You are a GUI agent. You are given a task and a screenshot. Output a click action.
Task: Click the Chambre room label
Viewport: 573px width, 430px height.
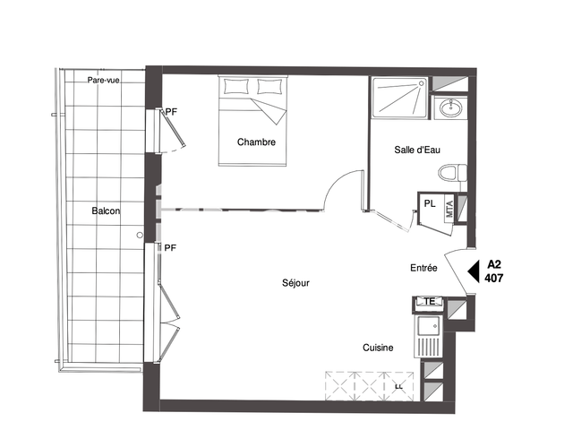point(256,142)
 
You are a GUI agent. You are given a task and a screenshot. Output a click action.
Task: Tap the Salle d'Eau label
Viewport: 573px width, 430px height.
point(417,150)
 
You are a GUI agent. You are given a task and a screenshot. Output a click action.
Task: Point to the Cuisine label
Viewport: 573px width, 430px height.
point(378,348)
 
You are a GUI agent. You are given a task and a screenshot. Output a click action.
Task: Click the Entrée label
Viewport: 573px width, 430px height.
point(423,268)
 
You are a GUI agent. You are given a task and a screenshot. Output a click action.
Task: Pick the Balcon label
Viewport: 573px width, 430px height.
point(106,211)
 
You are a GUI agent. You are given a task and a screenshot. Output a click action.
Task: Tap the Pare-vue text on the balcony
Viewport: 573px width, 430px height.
point(104,81)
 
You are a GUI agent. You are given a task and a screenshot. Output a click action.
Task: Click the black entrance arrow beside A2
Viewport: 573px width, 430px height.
point(474,271)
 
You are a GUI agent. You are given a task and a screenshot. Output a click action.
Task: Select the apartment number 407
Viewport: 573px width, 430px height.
point(493,279)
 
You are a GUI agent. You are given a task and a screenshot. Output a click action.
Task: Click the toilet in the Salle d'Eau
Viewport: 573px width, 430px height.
point(449,172)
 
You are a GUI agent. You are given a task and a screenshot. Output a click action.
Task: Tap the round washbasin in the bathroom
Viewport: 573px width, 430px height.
point(449,109)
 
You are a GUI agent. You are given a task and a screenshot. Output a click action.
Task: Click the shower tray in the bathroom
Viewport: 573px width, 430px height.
point(400,97)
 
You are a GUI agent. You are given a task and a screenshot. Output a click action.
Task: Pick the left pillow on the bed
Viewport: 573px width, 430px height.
point(237,87)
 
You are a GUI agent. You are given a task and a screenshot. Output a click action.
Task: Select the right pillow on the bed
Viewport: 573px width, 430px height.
point(269,87)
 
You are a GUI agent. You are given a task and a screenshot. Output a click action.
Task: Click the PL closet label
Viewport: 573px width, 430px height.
point(430,203)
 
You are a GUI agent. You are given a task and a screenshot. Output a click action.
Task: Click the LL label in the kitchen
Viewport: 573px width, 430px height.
point(398,387)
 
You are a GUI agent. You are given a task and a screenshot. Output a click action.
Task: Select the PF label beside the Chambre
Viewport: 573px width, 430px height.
point(171,111)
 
